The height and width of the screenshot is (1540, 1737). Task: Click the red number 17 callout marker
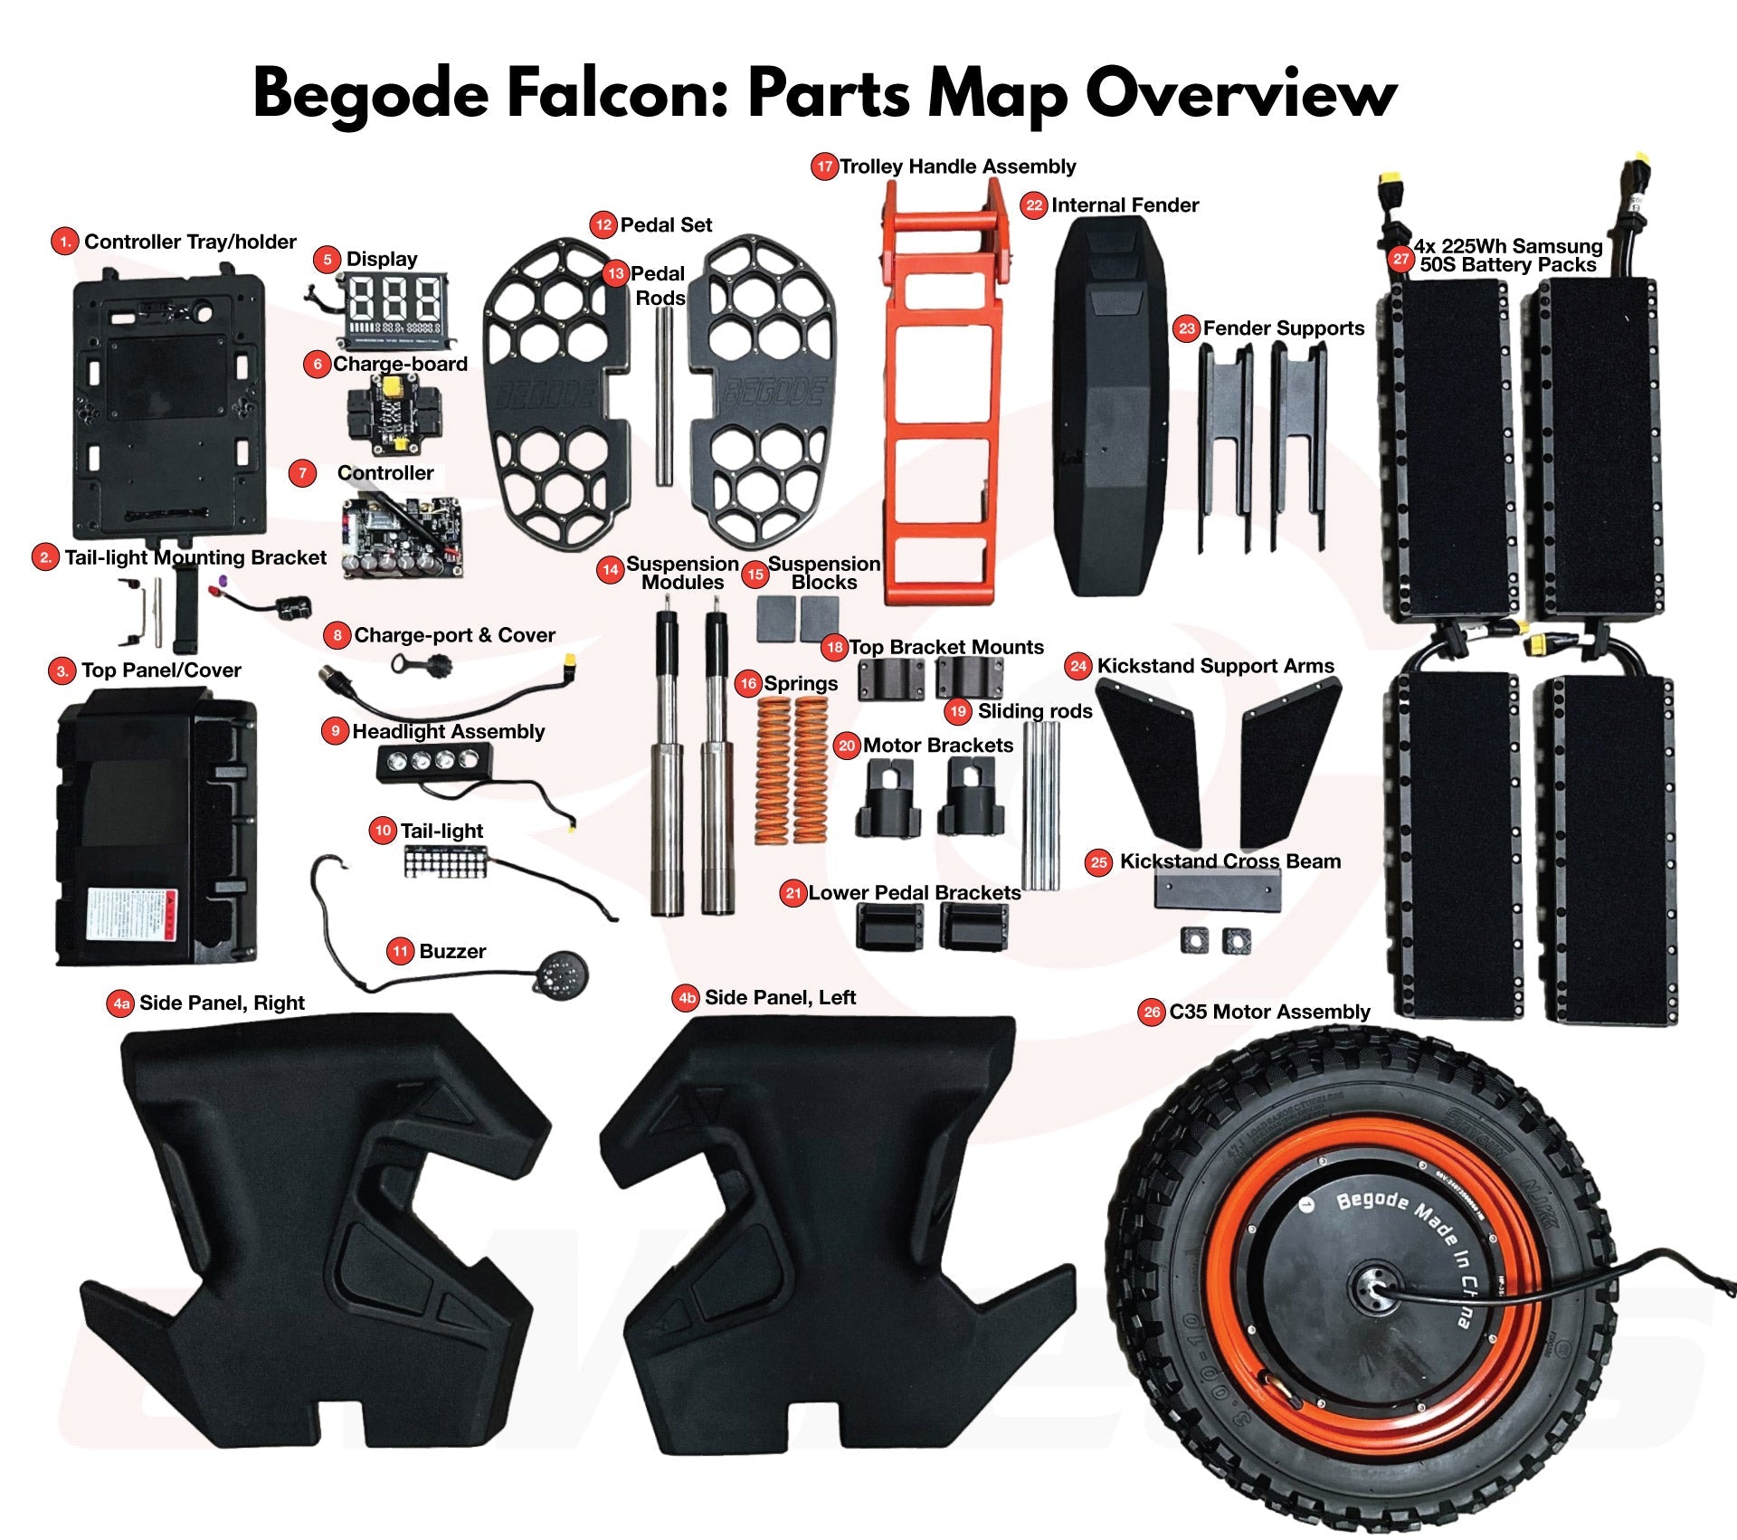(824, 166)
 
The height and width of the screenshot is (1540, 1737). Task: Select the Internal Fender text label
(1125, 205)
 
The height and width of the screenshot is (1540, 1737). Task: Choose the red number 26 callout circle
(1151, 1012)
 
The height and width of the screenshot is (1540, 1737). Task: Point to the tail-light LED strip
(445, 861)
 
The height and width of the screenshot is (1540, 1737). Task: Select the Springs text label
(801, 683)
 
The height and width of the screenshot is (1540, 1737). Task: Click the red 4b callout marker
(687, 998)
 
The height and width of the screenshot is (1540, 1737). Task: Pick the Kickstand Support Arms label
(1215, 666)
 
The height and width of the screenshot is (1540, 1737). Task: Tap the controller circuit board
(403, 534)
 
